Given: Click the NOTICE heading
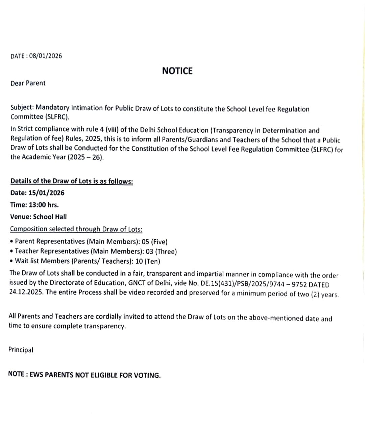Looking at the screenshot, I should coord(177,71).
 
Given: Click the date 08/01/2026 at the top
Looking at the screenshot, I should coord(46,56).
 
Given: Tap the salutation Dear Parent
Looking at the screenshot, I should coord(28,83).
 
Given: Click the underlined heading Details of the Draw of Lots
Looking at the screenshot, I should coord(72,181).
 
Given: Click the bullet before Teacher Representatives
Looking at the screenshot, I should coord(12,251).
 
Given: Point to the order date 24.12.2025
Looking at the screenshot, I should coord(26,292).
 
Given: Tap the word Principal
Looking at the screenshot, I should coord(21,350).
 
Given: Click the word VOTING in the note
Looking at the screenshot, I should coord(147,375).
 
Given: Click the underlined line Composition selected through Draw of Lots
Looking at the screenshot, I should coord(76,229).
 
